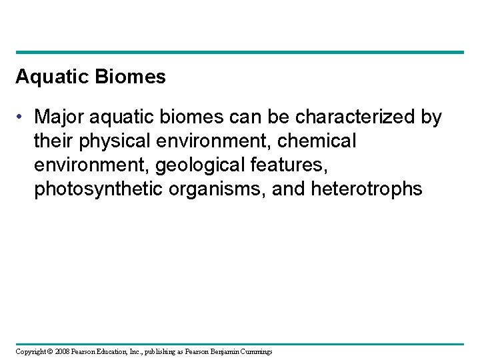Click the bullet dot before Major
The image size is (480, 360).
coord(22,118)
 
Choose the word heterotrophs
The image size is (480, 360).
coord(367,189)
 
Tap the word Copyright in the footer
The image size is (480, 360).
coord(31,351)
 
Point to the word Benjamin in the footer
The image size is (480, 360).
coord(224,351)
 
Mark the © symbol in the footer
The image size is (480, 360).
coord(51,351)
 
